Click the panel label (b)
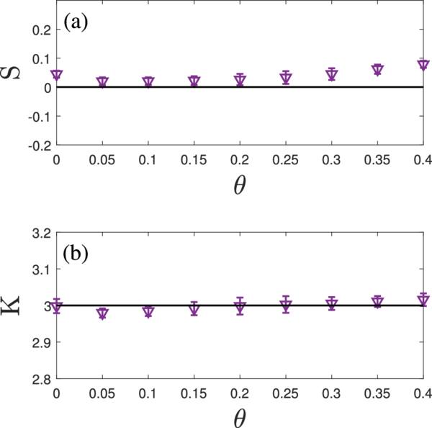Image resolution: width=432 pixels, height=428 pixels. [x=77, y=254]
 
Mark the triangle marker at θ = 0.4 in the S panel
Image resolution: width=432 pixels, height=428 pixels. [x=423, y=66]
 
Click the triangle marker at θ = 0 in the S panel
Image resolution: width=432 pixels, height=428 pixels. [x=57, y=75]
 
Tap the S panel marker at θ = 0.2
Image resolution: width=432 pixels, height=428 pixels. [x=240, y=80]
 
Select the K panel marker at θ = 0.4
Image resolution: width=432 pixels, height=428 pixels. [x=423, y=298]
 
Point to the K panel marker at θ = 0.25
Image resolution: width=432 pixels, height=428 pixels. [x=286, y=305]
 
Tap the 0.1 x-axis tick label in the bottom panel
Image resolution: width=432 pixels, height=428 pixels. [x=148, y=393]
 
